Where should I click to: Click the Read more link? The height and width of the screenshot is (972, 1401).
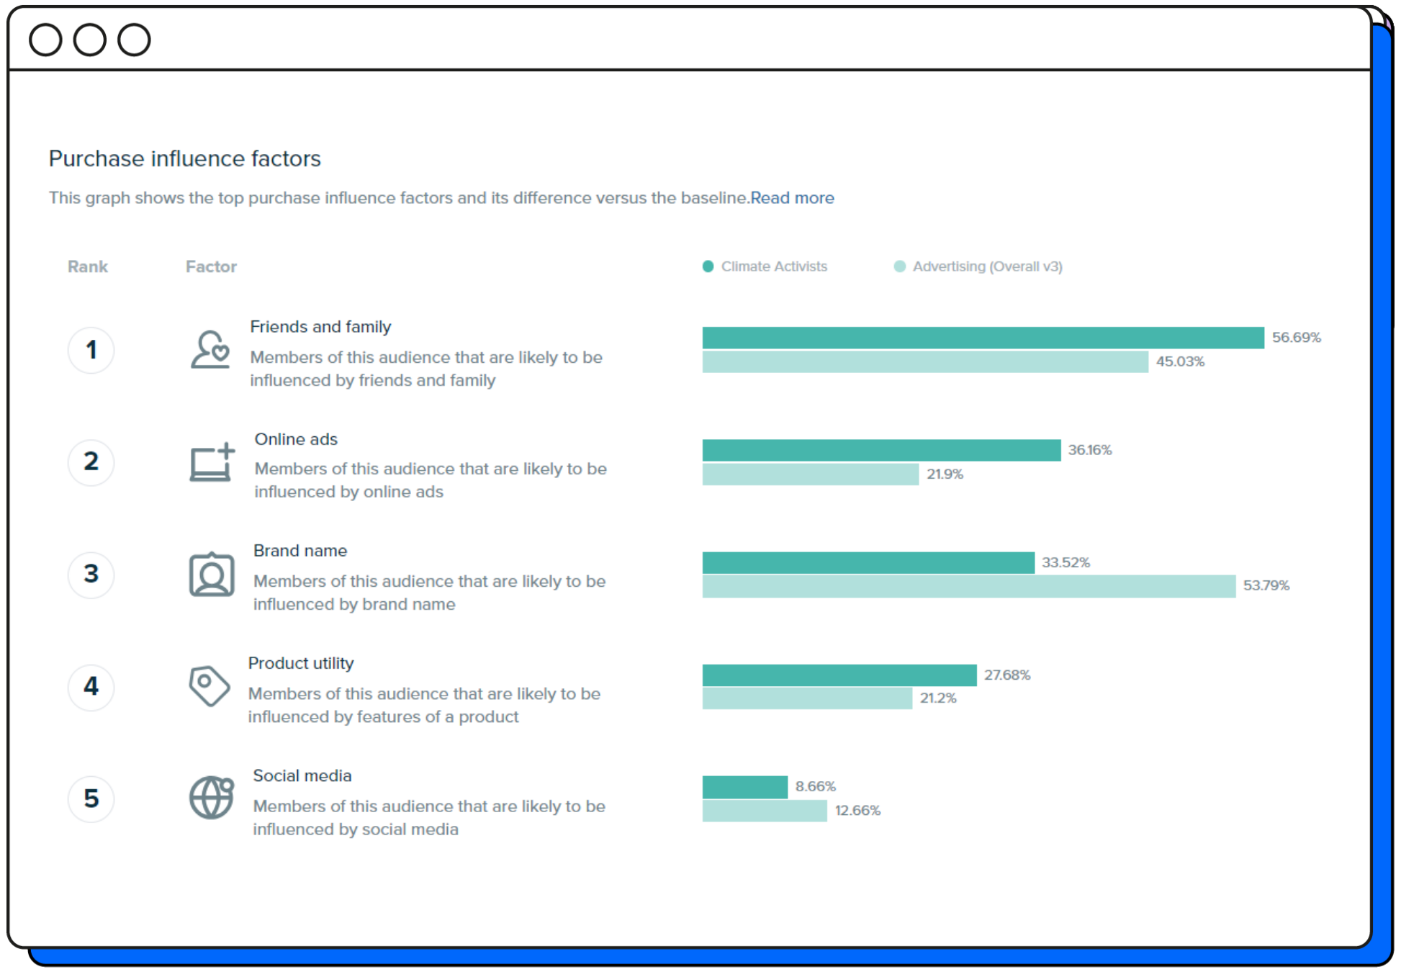(x=792, y=198)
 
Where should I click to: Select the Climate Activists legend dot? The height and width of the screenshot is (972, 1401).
(x=708, y=266)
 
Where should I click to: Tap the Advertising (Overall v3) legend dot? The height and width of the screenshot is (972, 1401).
(x=899, y=266)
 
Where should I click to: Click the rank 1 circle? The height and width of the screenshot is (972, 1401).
(x=91, y=350)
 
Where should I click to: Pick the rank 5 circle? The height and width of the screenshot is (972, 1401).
(x=91, y=798)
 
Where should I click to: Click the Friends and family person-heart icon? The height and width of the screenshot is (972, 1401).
(x=210, y=350)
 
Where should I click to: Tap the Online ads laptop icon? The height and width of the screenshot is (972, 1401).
(x=212, y=462)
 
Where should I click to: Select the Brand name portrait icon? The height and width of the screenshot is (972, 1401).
(x=212, y=575)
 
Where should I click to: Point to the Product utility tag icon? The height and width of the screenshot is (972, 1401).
(x=209, y=685)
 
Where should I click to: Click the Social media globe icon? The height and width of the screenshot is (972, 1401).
(x=212, y=798)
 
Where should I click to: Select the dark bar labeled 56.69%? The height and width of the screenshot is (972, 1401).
(x=983, y=338)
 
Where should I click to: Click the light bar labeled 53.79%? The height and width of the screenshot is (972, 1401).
(x=968, y=586)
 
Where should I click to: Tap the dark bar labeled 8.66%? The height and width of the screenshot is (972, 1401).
(x=744, y=787)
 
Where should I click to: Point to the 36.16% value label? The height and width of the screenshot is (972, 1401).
(x=1089, y=450)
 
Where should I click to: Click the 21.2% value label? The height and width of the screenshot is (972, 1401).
(x=937, y=698)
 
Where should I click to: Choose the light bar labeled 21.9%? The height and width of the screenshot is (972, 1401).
(x=810, y=474)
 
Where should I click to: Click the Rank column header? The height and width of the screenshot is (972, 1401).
(x=87, y=266)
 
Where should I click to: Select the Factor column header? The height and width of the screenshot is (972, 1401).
(x=211, y=266)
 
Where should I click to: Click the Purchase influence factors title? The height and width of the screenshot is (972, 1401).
(x=185, y=158)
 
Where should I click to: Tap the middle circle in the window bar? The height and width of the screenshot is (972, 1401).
(x=90, y=40)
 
